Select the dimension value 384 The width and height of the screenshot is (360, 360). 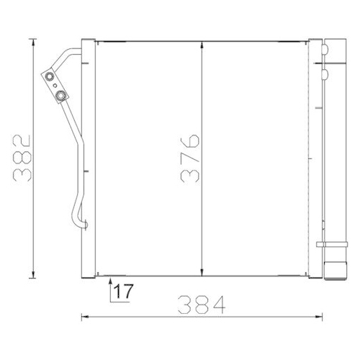coord(202,304)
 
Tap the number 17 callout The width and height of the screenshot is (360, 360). coord(123,292)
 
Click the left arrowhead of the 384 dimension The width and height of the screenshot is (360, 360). coord(84,315)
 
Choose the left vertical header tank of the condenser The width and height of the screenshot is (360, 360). coord(90,158)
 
